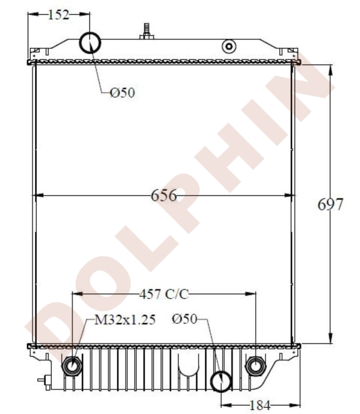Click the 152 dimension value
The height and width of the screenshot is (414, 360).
(58, 15)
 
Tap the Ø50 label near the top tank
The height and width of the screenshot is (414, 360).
(123, 93)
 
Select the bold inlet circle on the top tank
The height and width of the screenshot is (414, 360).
(90, 43)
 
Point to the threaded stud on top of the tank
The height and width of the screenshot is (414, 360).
(146, 31)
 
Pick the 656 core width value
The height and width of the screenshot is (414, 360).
(164, 195)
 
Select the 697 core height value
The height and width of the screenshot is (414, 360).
(330, 204)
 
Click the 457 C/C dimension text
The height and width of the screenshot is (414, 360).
(164, 294)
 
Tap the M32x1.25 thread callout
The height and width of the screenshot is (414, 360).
(119, 320)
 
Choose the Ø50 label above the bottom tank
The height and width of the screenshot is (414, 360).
(184, 319)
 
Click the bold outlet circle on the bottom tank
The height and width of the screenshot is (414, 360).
(220, 380)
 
